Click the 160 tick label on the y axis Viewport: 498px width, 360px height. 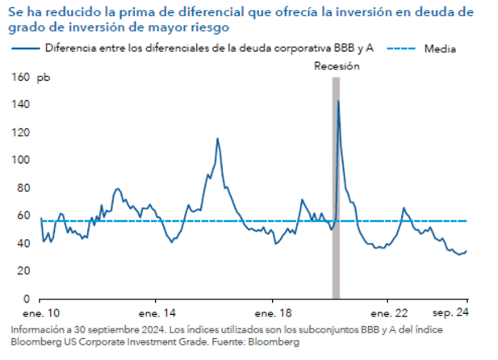pyautogui.click(x=20, y=77)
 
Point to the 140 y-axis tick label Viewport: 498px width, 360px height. pyautogui.click(x=20, y=105)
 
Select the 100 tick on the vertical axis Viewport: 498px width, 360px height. pyautogui.click(x=20, y=160)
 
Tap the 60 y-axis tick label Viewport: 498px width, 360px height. pyautogui.click(x=23, y=216)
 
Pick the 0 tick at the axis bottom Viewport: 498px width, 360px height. pyautogui.click(x=26, y=299)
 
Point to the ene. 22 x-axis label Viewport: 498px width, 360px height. pyautogui.click(x=389, y=312)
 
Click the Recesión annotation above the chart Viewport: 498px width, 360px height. pyautogui.click(x=336, y=67)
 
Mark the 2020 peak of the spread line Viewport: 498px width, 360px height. pyautogui.click(x=337, y=101)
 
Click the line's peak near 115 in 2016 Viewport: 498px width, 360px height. pyautogui.click(x=217, y=139)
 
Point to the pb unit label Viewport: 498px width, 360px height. pyautogui.click(x=44, y=77)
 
